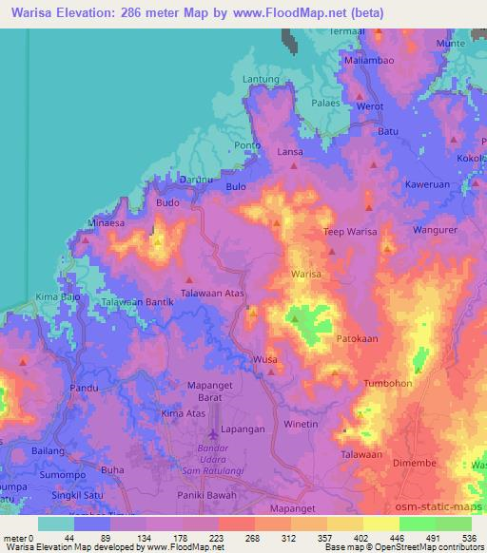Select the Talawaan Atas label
coord(213,295)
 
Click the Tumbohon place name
coord(387,383)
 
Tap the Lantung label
coord(261,79)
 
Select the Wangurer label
coord(435,230)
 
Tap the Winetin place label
coord(301,424)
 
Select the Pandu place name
coord(84,389)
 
